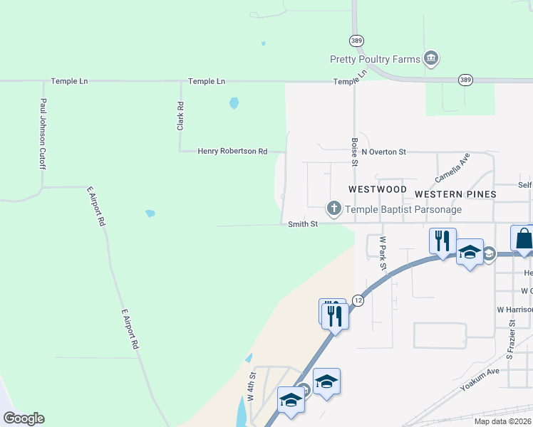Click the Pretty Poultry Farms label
375,59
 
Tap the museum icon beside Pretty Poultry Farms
430,58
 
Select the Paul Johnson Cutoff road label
43,134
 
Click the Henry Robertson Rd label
232,151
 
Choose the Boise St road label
355,151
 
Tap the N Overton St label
383,152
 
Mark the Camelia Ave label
453,168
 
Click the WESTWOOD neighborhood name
378,190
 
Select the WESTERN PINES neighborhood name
455,194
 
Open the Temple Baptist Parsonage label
403,209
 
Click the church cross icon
333,209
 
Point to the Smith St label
301,223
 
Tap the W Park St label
383,253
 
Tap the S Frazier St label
511,338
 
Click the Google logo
24,418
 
